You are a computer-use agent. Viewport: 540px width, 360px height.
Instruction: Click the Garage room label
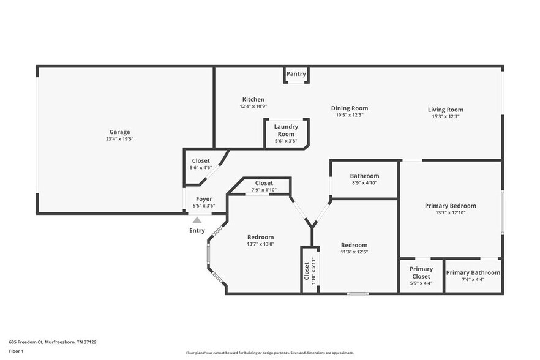(119, 132)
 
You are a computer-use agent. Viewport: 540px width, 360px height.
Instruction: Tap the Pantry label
(296, 74)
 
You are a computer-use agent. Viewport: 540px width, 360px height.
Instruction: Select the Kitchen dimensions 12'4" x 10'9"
(253, 107)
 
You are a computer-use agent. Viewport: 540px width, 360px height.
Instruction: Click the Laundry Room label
(286, 130)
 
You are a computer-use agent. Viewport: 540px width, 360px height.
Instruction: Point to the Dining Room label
(350, 108)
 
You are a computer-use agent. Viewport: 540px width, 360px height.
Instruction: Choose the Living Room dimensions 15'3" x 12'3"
(444, 116)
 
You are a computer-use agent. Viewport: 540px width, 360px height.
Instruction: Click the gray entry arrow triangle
(197, 221)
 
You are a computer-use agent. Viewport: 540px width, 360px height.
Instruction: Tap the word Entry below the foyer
(197, 230)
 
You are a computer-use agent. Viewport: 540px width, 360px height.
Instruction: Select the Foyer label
(204, 199)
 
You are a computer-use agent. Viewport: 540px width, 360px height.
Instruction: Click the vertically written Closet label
(307, 271)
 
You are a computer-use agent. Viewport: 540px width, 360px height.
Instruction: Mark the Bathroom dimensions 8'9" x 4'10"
(364, 183)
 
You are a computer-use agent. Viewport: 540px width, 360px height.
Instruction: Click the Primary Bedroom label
(450, 206)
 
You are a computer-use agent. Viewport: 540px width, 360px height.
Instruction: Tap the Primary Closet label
(421, 272)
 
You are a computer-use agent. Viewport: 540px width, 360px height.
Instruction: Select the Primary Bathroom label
(473, 272)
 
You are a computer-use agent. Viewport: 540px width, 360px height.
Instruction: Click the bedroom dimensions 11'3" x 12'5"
(354, 252)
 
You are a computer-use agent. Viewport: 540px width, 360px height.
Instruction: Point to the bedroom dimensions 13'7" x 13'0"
(260, 244)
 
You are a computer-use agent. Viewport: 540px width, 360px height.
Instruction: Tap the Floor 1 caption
(17, 351)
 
